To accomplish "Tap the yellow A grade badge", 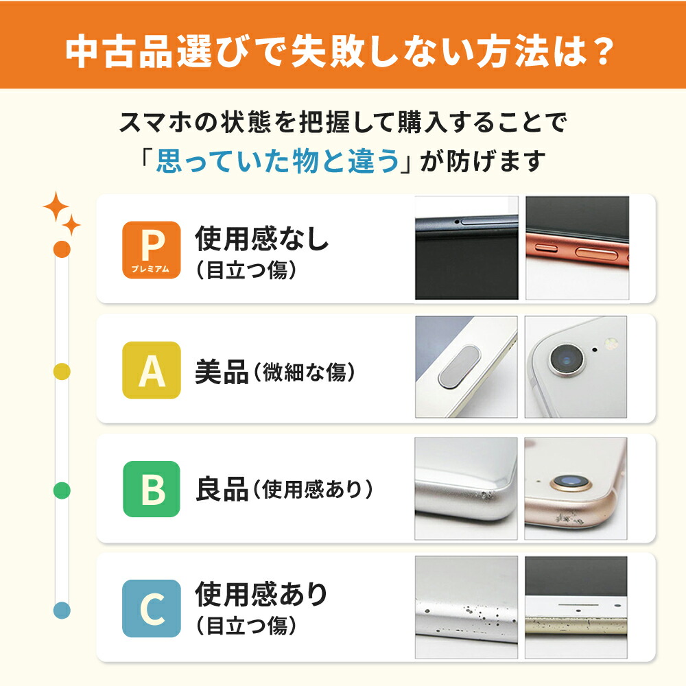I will click(151, 370).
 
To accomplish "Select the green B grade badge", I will click(151, 489).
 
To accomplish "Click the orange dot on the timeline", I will click(62, 249).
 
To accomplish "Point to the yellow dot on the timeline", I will click(62, 371).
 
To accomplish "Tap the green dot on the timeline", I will click(62, 490).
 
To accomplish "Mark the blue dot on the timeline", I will click(62, 609).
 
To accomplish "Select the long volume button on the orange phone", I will click(594, 253).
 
